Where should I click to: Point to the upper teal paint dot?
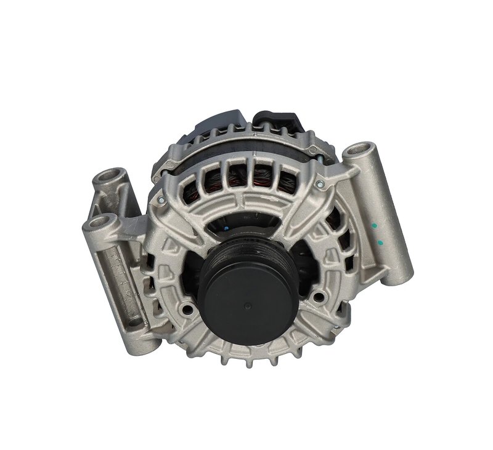[374, 227]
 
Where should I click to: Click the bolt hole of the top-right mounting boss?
[361, 150]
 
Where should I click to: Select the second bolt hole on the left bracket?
[99, 221]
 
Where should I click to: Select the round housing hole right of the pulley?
[318, 297]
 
